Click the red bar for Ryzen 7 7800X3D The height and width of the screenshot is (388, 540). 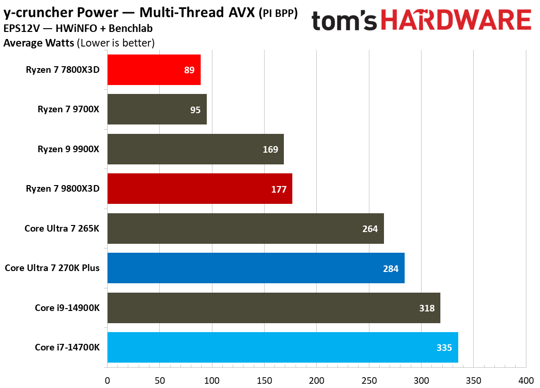[x=154, y=70]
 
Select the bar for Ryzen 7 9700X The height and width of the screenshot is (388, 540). [x=157, y=109]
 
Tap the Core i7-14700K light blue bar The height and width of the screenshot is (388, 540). [x=282, y=348]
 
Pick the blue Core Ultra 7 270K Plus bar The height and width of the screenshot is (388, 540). [x=256, y=268]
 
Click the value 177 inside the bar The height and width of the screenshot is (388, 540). [x=279, y=189]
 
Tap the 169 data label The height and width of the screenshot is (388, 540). [x=271, y=149]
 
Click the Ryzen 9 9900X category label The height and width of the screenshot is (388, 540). [x=72, y=149]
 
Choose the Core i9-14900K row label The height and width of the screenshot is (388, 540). [x=70, y=308]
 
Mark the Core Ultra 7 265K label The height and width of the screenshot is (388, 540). [x=65, y=229]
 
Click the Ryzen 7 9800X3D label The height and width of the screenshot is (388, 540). [x=66, y=189]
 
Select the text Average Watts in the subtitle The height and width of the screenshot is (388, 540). [x=38, y=43]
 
